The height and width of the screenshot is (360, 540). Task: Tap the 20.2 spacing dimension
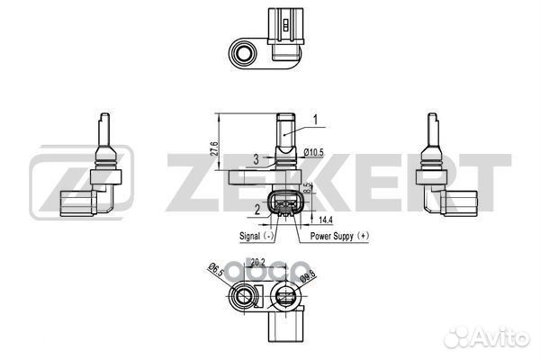258,263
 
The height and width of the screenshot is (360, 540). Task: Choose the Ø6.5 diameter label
215,270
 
